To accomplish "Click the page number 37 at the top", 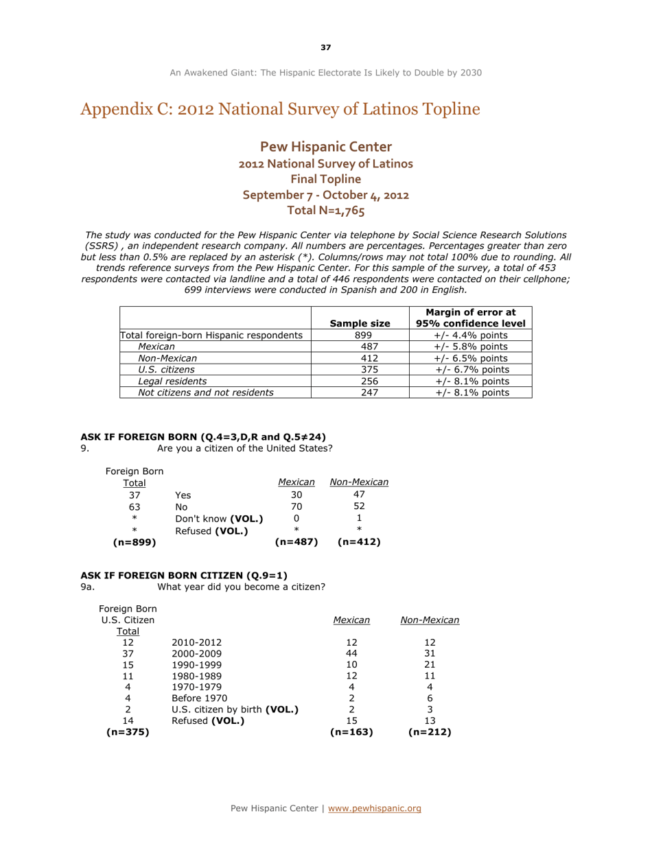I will coord(325,47).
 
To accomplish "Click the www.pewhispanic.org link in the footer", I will coord(374,808).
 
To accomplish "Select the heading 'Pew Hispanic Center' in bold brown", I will coord(326,147).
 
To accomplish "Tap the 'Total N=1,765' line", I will coord(326,211).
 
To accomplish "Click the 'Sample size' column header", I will coord(360,323).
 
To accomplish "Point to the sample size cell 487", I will coord(360,347).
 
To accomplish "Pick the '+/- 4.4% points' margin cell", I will coord(470,336).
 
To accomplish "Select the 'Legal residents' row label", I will coord(172,381).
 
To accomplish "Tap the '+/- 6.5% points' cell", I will coord(470,358).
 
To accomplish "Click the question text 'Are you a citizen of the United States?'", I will coord(245,448).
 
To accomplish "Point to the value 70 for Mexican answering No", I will coord(296,506).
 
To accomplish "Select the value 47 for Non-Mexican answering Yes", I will coord(359,494).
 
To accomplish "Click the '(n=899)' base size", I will coord(135,542).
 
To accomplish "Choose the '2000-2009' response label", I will coord(197,653).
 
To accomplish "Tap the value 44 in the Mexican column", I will coord(351,653).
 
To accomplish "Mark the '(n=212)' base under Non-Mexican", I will coord(430,731).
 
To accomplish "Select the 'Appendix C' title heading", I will coord(280,110).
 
